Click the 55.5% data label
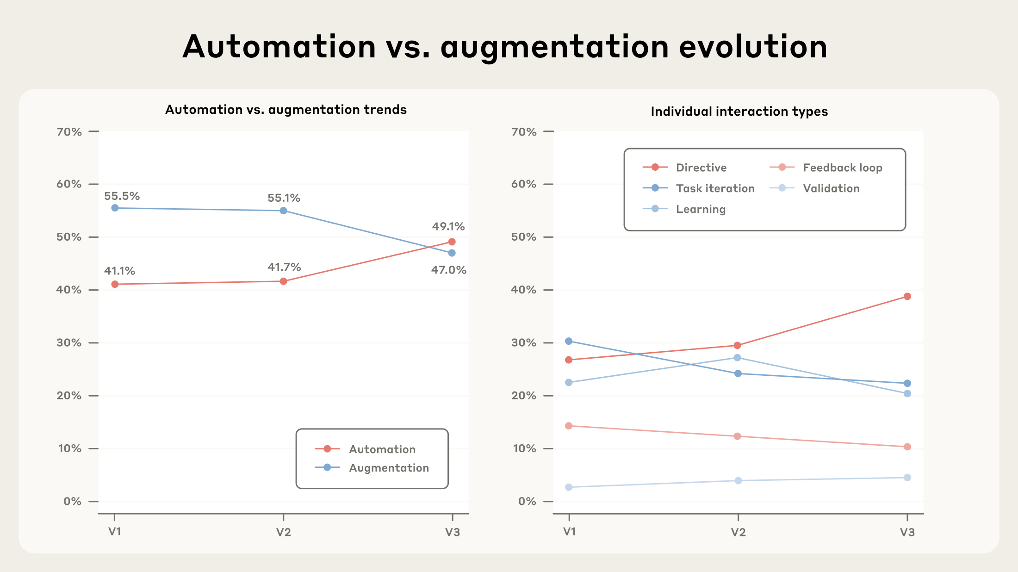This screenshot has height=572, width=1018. point(122,196)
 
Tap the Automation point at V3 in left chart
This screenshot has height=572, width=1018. point(452,242)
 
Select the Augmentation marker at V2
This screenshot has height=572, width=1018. point(284,211)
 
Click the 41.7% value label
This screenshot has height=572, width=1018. point(284,267)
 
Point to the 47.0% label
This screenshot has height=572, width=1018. point(448,270)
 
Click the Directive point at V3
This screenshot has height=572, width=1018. point(907,297)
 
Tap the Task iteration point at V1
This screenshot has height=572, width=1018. point(569,342)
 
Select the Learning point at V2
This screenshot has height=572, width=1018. point(738,358)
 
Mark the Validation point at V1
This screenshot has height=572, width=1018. point(569,487)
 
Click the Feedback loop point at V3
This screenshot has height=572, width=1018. point(907,447)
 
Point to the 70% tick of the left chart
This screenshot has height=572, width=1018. point(69,132)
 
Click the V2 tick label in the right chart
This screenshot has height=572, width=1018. point(738,532)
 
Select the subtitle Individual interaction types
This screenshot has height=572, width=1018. point(739,112)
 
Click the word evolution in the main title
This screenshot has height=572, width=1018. point(753,47)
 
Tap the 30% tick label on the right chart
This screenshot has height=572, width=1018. point(524,343)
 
